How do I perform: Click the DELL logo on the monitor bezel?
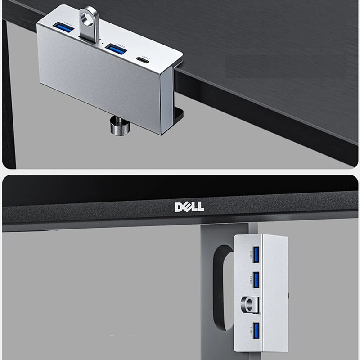coord(189,207)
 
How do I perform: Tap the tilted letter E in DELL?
coord(185,207)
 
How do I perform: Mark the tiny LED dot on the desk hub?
coord(103,44)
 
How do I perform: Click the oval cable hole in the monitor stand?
coord(220,288)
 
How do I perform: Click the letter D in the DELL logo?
coord(178,207)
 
